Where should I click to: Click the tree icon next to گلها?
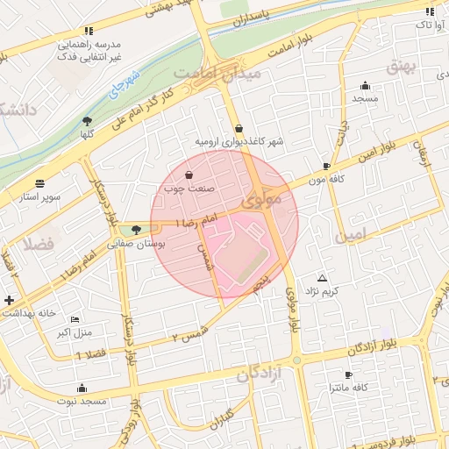[x=87, y=121]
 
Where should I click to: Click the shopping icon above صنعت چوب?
[x=189, y=175]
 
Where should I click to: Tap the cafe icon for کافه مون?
[x=326, y=166]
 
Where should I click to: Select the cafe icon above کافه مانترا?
[x=336, y=373]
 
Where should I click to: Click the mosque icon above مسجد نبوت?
[x=82, y=388]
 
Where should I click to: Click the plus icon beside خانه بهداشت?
[x=9, y=301]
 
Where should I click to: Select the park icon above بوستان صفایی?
[x=134, y=232]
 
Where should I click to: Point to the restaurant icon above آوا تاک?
[x=429, y=11]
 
